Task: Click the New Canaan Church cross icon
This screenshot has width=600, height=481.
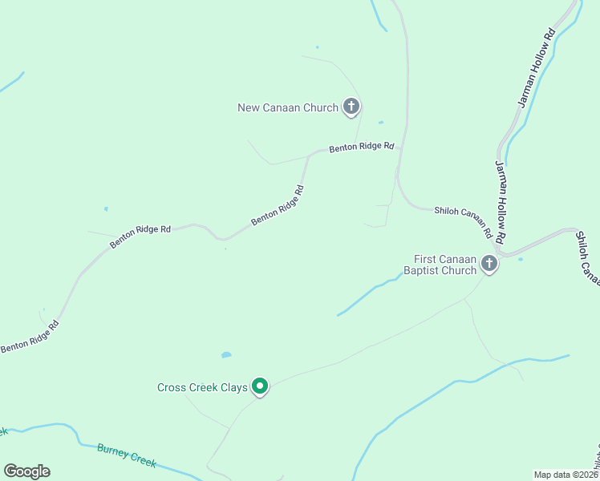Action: pyautogui.click(x=351, y=106)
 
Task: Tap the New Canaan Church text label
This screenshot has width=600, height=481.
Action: pyautogui.click(x=288, y=107)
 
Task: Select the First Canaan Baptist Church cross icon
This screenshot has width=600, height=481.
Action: pyautogui.click(x=489, y=265)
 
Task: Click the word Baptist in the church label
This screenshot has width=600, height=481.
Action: pyautogui.click(x=428, y=271)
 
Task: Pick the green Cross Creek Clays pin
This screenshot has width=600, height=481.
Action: pyautogui.click(x=259, y=386)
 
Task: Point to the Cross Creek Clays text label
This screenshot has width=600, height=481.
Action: pyautogui.click(x=202, y=388)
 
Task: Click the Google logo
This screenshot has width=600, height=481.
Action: pyautogui.click(x=26, y=471)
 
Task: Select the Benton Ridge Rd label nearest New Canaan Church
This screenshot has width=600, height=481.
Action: pyautogui.click(x=362, y=148)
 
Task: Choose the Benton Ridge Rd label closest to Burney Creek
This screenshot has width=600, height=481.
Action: pyautogui.click(x=29, y=337)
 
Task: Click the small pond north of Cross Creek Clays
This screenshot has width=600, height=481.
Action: pyautogui.click(x=226, y=354)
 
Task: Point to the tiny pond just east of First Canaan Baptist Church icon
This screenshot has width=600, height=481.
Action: pyautogui.click(x=521, y=259)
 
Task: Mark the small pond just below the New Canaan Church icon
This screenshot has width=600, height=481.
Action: pyautogui.click(x=380, y=123)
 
